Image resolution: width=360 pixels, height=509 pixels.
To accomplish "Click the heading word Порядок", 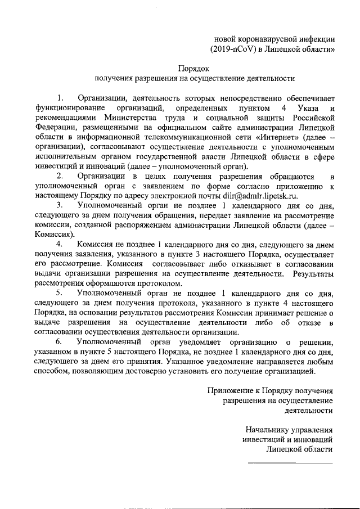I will coord(194,67).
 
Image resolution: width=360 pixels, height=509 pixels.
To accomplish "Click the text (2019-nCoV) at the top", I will coord(233,49).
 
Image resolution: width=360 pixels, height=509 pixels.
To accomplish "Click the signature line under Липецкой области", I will coord(291,462).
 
